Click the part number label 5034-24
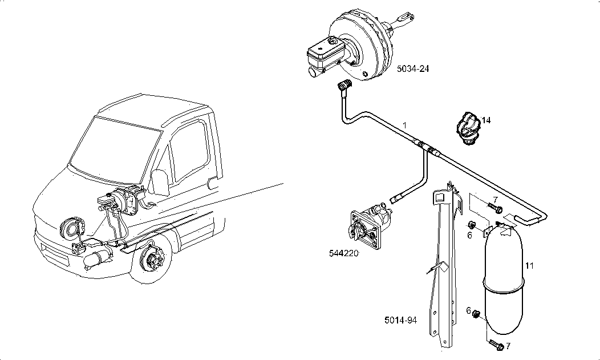[x=413, y=69]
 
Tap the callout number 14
[x=486, y=120]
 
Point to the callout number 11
[x=529, y=265]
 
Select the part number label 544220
[x=344, y=253]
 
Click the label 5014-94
[x=400, y=320]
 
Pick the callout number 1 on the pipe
[x=404, y=124]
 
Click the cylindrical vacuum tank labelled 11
[x=504, y=280]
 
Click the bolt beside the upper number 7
[x=494, y=207]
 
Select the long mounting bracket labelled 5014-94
[x=445, y=268]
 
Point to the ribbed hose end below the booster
[x=344, y=86]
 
